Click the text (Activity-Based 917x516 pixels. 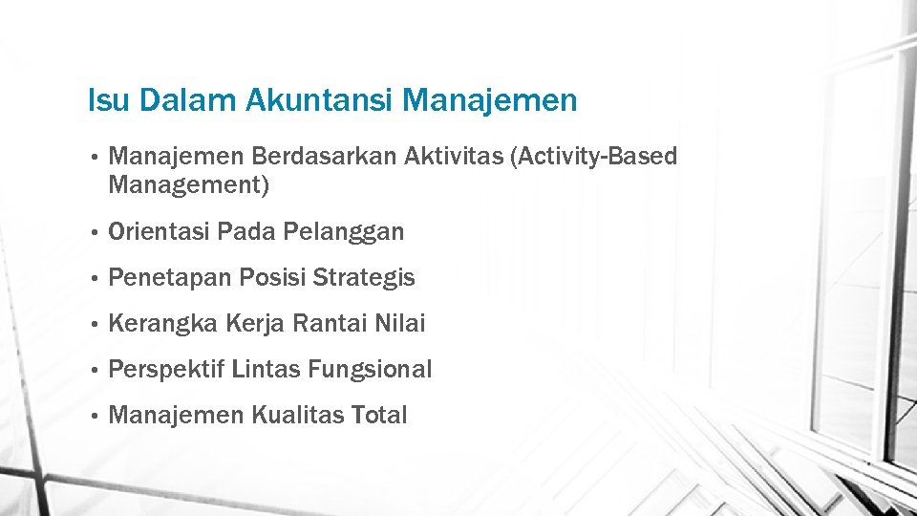tap(595, 157)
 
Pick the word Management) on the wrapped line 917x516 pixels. tap(189, 185)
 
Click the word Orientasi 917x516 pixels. tap(160, 231)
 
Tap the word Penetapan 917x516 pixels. tap(170, 278)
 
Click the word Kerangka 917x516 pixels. tap(164, 324)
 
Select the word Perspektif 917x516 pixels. tap(168, 370)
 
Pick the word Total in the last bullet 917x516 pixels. tap(379, 416)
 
